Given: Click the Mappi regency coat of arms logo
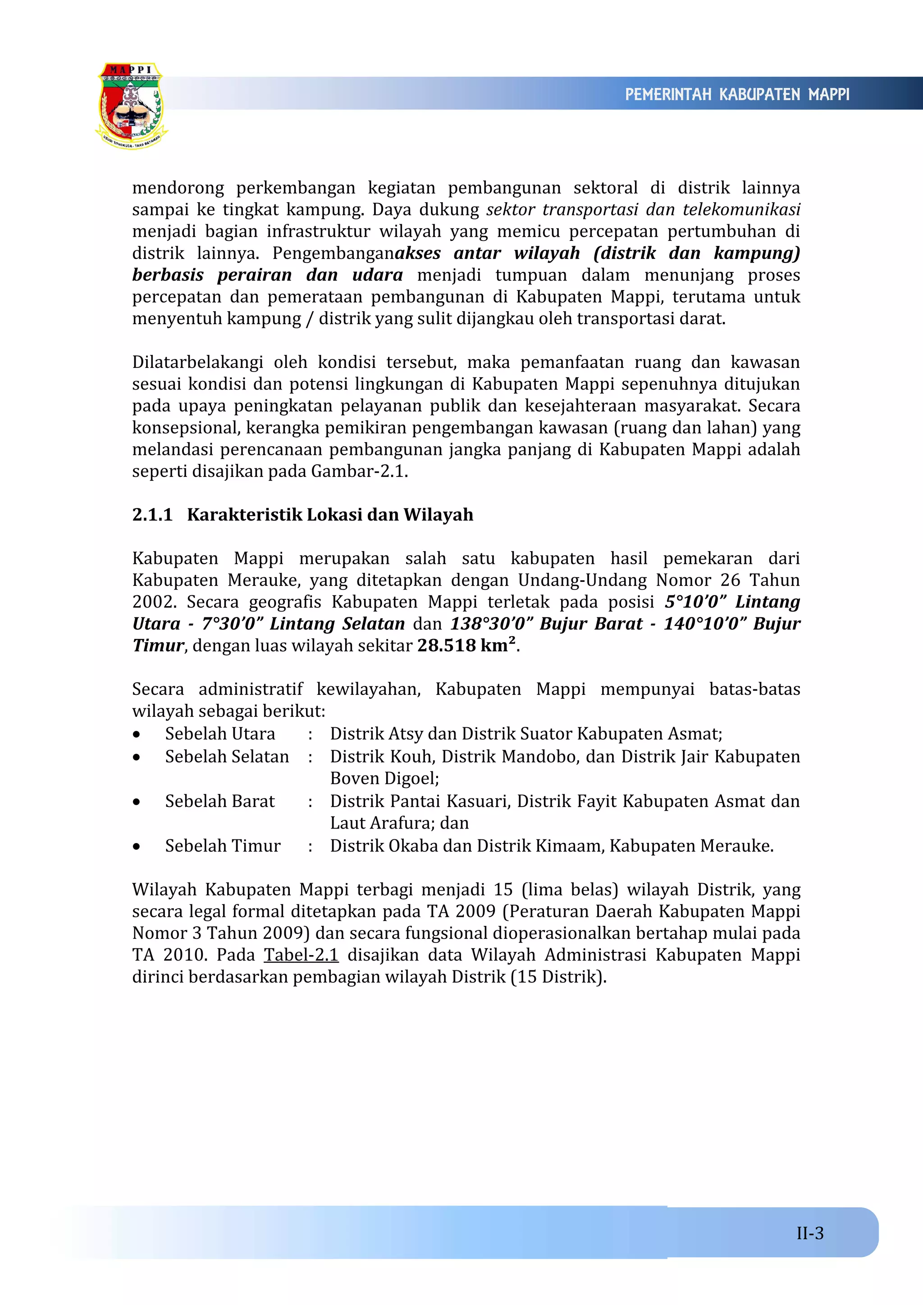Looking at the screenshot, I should (x=131, y=106).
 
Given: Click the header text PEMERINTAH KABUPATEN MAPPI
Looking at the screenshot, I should (x=737, y=95).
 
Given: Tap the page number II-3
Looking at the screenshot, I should (x=810, y=1233).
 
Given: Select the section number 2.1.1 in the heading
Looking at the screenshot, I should (x=152, y=514).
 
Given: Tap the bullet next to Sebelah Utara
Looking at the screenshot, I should (x=137, y=734).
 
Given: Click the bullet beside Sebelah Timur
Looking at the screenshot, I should (x=137, y=846).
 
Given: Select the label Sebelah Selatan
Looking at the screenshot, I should (x=227, y=757).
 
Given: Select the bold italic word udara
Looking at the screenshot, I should (x=377, y=275).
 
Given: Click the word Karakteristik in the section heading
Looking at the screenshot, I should (x=245, y=514).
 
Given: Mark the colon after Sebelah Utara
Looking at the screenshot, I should (x=310, y=734).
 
